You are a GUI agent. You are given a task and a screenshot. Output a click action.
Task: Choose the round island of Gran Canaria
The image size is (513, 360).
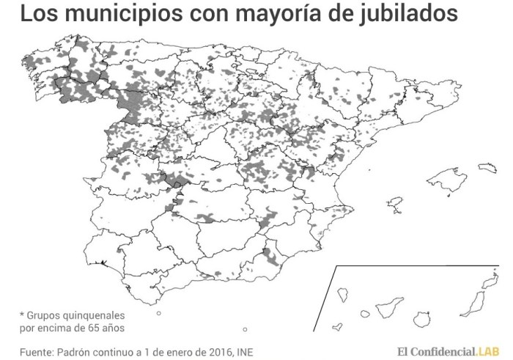coord(421,320)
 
